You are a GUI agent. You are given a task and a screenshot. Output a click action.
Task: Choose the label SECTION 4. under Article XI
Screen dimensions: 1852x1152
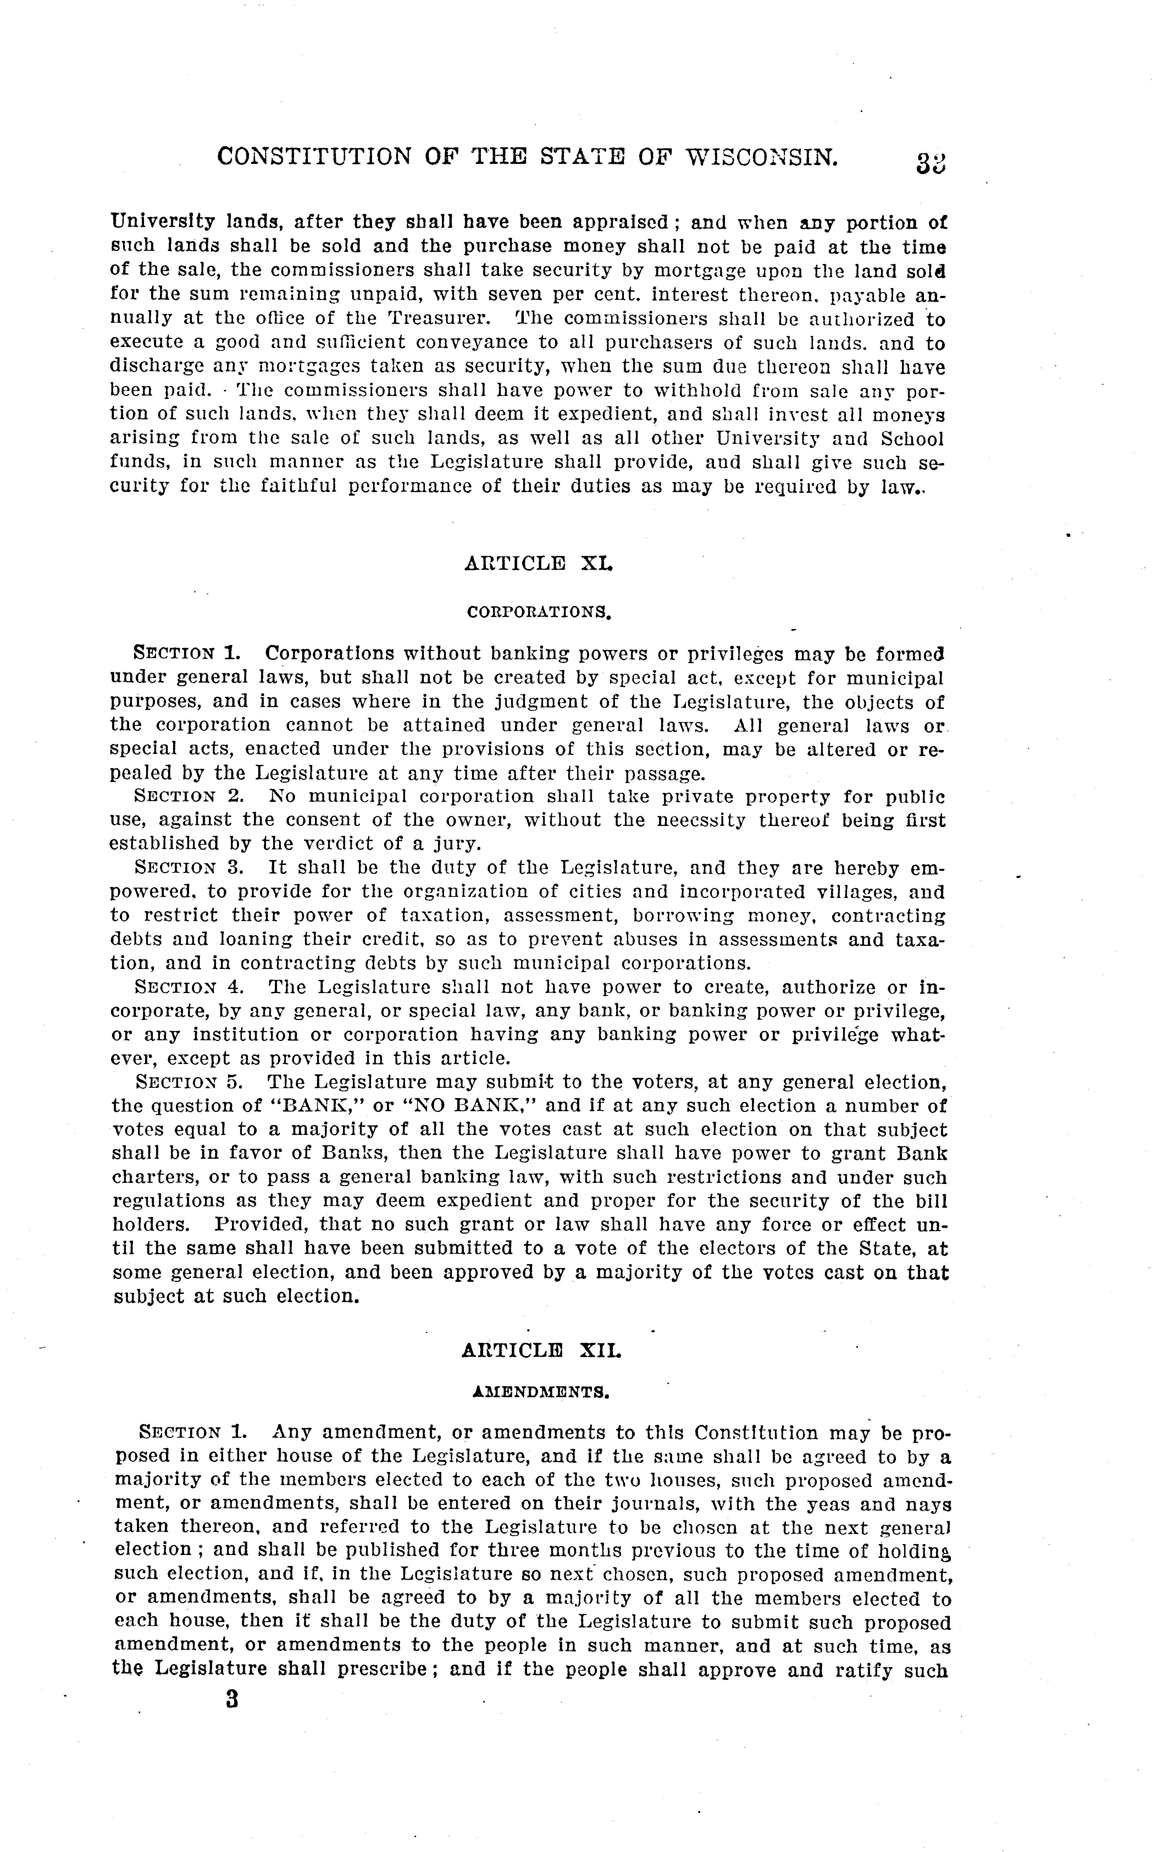coord(189,987)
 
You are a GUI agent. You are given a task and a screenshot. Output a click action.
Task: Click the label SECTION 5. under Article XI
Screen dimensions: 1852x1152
coord(189,1082)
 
